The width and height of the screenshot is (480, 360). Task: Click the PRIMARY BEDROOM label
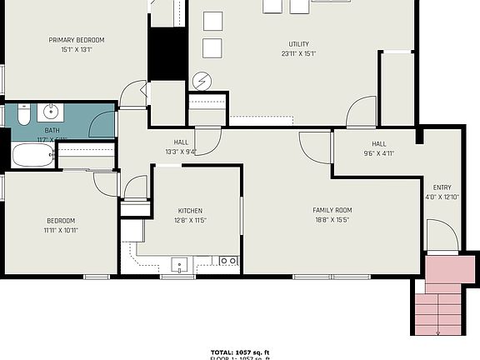[76, 39]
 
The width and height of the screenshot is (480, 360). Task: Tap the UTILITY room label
[301, 43]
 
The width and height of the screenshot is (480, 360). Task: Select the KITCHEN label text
[191, 210]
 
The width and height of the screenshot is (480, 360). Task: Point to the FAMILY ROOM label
[332, 210]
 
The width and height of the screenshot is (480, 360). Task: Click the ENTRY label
[442, 187]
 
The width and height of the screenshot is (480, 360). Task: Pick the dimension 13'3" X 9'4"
[182, 152]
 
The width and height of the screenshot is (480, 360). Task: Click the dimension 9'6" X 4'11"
[379, 152]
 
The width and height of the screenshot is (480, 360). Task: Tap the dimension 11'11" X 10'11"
[61, 231]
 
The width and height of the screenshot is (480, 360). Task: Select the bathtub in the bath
[31, 156]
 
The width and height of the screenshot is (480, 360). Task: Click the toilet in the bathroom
[22, 112]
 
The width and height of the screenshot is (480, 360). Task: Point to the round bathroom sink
[52, 111]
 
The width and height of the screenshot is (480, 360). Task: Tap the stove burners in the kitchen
[227, 262]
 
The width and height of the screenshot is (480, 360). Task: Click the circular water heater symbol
[201, 80]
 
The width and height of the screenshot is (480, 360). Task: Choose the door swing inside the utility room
[362, 112]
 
